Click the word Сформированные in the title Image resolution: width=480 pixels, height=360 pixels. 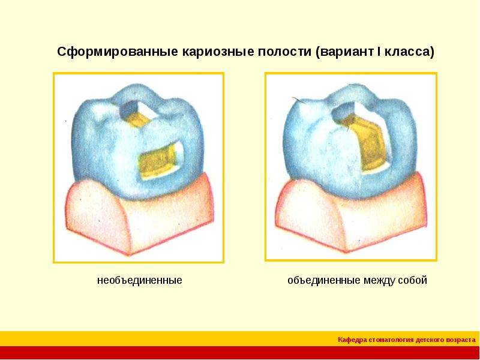tap(117, 52)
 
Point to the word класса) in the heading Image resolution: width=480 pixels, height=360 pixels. tap(409, 52)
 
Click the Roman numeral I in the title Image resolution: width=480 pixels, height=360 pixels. tap(379, 51)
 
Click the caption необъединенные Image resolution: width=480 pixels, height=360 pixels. tap(140, 280)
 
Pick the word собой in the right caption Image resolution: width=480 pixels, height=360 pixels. tap(412, 280)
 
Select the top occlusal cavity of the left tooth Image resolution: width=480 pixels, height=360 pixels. tap(134, 115)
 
